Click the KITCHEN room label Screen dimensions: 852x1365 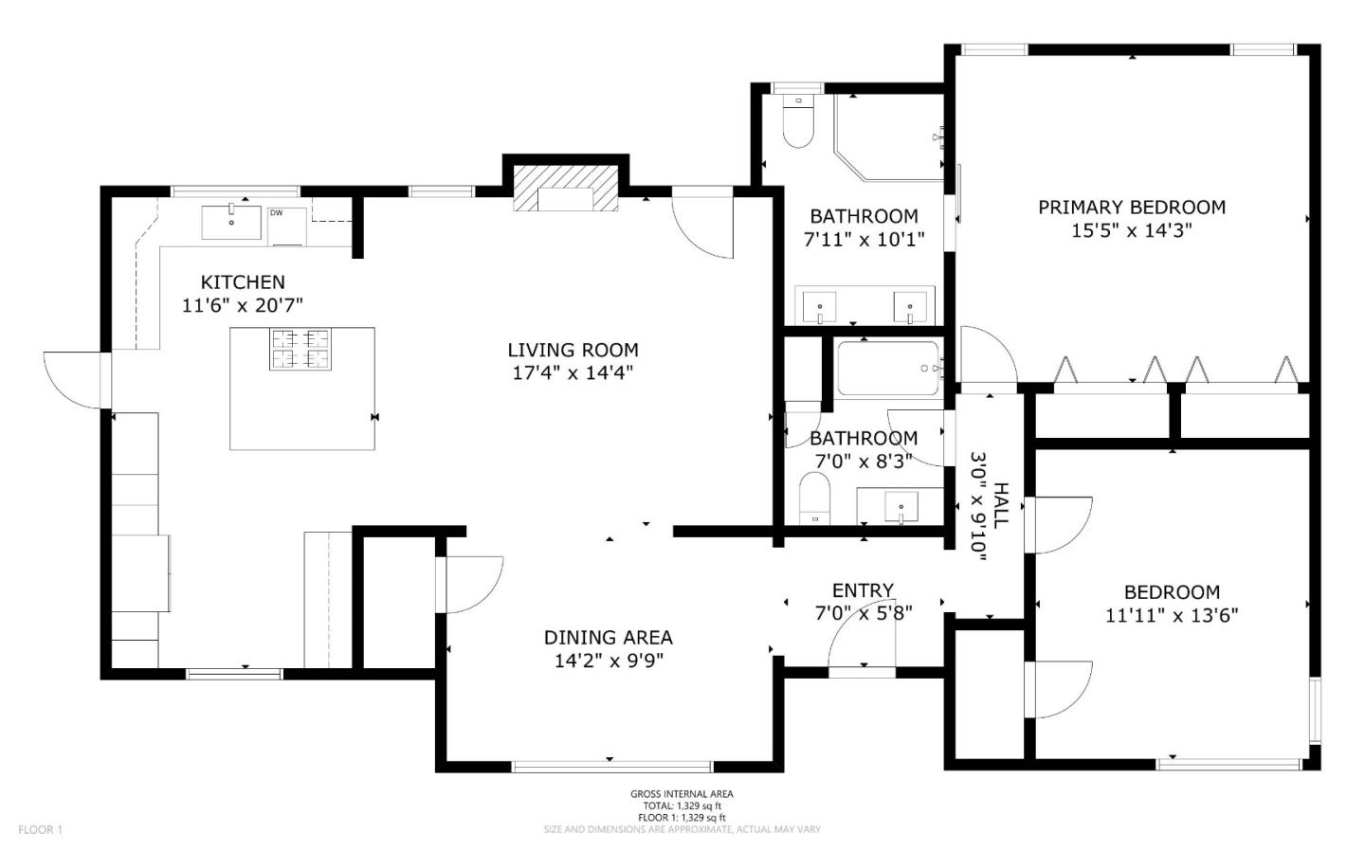click(243, 281)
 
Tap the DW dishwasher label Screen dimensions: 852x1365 click(276, 213)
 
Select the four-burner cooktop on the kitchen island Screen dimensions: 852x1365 click(300, 348)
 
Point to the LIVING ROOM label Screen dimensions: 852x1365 click(573, 350)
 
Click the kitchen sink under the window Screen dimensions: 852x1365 click(231, 222)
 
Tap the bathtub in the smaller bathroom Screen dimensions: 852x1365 click(888, 368)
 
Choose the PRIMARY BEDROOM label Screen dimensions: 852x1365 click(1131, 207)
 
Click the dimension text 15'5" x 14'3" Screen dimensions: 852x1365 click(1131, 230)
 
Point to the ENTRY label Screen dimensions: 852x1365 click(863, 590)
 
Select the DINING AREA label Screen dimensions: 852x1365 click(608, 638)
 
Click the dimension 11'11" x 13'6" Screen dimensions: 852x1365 click(1172, 615)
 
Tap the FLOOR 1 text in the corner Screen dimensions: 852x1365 click(40, 830)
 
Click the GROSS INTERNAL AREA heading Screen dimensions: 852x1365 click(682, 794)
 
